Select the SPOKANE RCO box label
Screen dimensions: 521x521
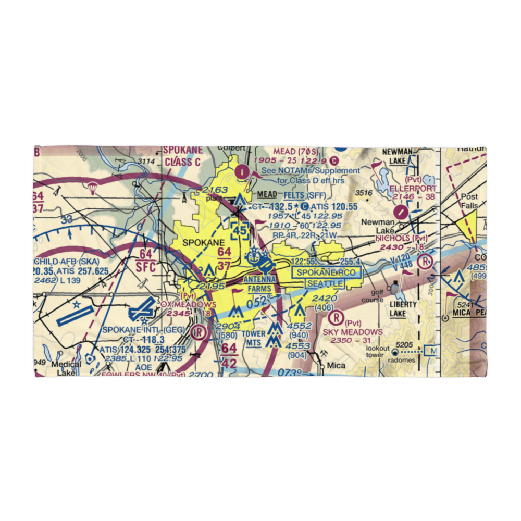coord(325,272)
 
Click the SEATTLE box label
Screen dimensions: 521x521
coord(325,283)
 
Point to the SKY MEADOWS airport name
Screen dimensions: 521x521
coord(353,332)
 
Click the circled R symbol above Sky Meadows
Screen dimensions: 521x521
coord(338,316)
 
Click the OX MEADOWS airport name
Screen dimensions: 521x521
coord(188,304)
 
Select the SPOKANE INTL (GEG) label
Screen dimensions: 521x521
coord(134,330)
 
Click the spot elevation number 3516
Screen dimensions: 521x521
coord(364,193)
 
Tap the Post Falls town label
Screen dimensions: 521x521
coord(469,201)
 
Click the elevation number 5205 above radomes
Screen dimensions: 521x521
coord(404,344)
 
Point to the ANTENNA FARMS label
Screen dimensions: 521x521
coord(259,283)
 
